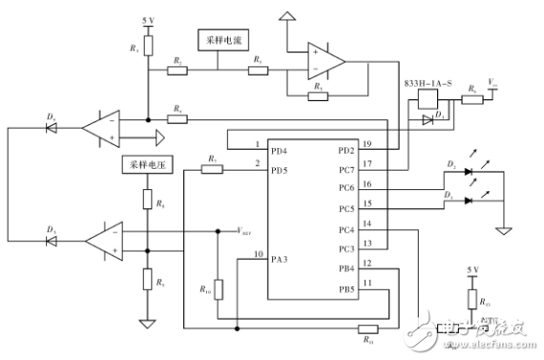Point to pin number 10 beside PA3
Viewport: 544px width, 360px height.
click(258, 253)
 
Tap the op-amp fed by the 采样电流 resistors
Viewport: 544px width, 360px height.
click(320, 61)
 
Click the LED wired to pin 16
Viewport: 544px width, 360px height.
click(468, 173)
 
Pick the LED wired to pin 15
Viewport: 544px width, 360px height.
click(468, 200)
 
